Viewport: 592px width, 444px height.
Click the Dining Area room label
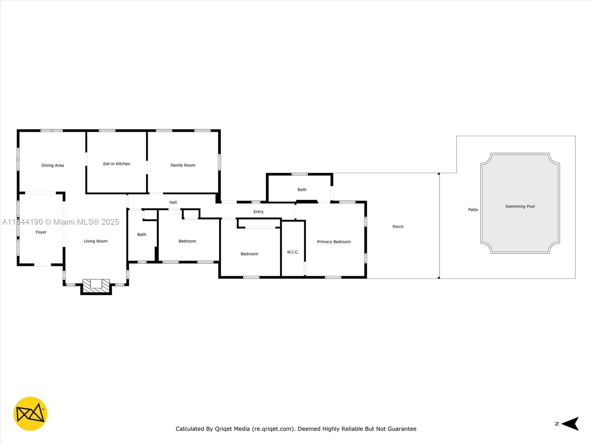click(53, 165)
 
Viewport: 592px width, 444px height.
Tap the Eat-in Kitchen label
click(117, 164)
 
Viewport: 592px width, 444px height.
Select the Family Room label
click(183, 165)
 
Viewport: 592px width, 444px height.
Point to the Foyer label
click(41, 232)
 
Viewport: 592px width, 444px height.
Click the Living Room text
click(96, 241)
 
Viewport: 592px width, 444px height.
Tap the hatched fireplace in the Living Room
click(96, 286)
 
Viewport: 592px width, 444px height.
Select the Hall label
click(173, 202)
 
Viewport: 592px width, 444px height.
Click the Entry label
click(258, 212)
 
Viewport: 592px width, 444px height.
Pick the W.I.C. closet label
click(293, 252)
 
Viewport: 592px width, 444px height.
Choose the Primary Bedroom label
click(334, 242)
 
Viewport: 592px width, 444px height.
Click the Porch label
click(398, 227)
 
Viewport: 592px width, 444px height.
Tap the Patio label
click(473, 210)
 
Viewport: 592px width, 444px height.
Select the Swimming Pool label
click(520, 206)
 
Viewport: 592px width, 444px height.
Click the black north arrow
click(571, 424)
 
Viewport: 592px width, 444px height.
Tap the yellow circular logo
click(30, 414)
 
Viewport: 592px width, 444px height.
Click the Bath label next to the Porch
click(302, 190)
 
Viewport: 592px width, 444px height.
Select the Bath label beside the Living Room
click(142, 235)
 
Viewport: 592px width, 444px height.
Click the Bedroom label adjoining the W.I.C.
click(249, 254)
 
